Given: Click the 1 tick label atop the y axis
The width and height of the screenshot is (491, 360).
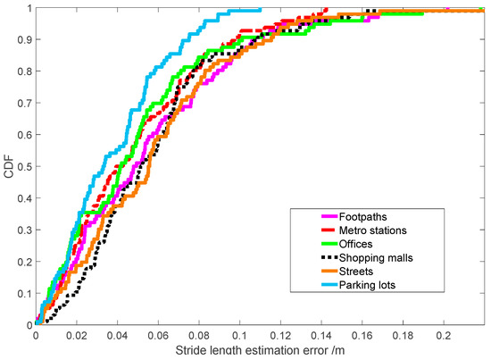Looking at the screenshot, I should point(27,10).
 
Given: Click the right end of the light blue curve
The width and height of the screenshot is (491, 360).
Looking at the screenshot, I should point(261,11).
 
